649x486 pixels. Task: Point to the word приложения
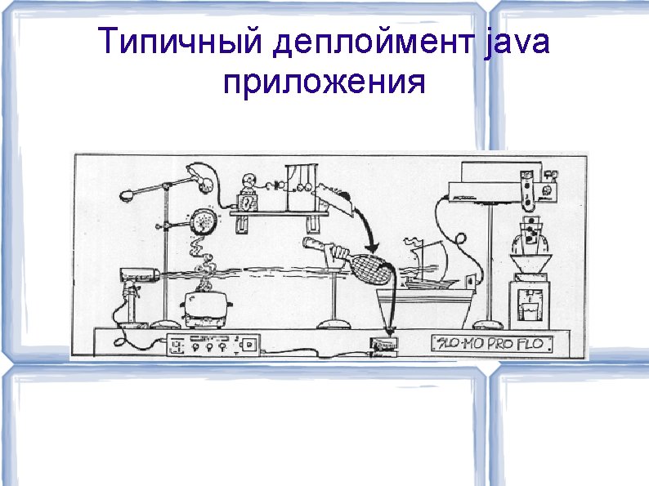click(324, 82)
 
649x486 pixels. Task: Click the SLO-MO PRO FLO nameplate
click(492, 343)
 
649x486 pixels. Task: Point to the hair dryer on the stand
click(139, 276)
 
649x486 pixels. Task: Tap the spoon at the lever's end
click(128, 196)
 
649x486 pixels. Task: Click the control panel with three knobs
click(210, 346)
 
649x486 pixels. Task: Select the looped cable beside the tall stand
click(460, 239)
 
